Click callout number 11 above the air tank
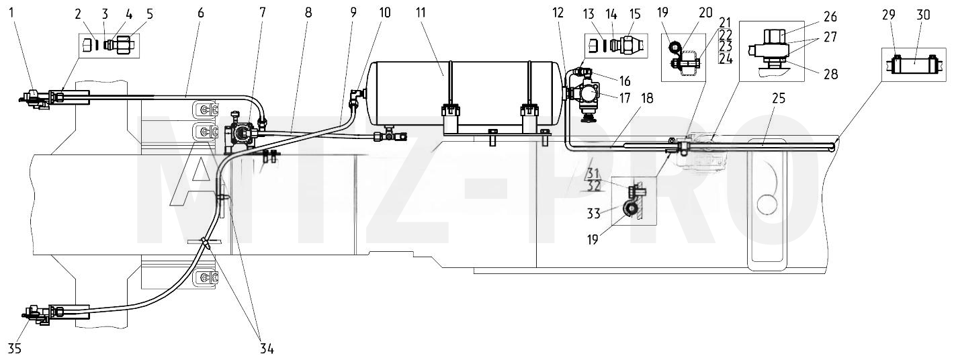pos(421,13)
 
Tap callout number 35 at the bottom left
pos(14,349)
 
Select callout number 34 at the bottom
pos(267,349)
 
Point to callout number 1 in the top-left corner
pos(11,13)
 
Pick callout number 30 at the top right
pos(923,15)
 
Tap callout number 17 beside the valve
pos(624,98)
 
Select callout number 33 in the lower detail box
pos(594,213)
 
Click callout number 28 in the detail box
pos(830,74)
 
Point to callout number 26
pos(830,17)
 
